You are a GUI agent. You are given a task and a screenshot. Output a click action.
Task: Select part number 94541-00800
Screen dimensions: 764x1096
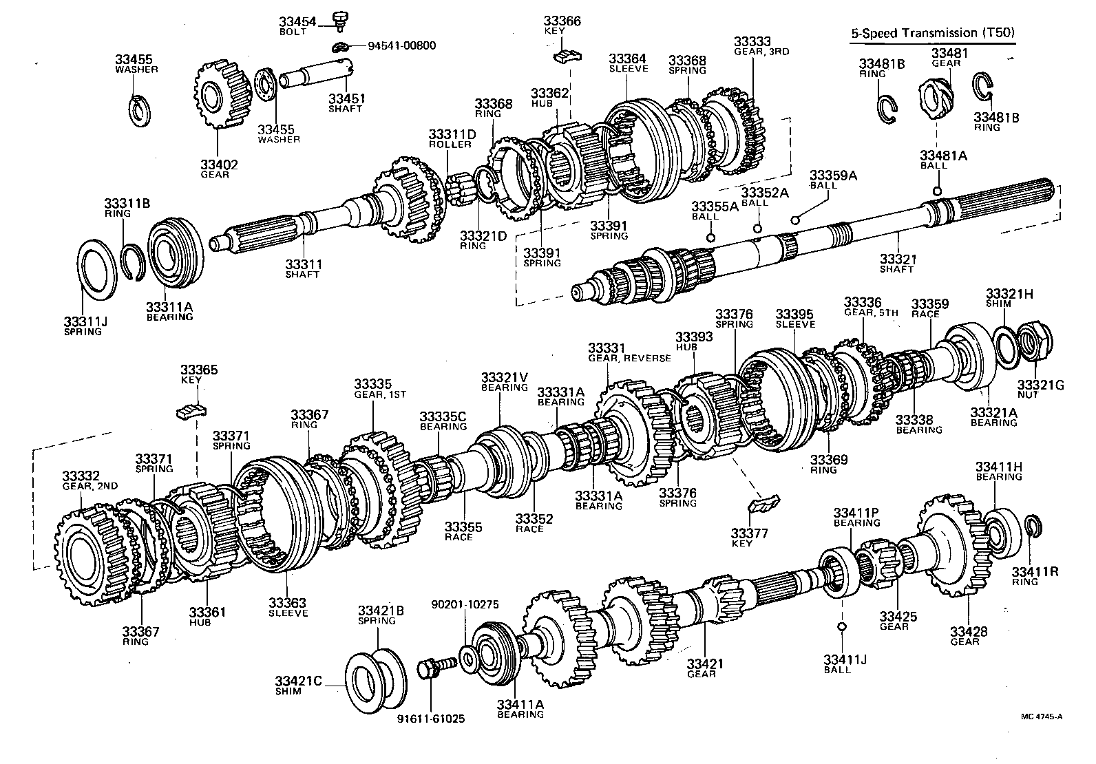tap(401, 46)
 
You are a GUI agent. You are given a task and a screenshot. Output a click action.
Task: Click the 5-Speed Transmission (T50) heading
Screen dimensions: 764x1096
tap(932, 32)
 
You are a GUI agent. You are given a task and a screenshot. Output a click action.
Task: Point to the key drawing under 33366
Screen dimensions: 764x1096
tap(568, 55)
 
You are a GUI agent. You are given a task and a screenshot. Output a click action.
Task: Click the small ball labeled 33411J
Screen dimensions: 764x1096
tap(841, 626)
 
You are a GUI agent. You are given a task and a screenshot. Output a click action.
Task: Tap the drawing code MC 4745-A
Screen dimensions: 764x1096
tap(1041, 717)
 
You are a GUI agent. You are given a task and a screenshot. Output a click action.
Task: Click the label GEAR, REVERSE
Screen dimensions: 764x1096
tap(629, 358)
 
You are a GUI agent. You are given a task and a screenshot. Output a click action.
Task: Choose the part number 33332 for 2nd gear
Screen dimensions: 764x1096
tap(81, 476)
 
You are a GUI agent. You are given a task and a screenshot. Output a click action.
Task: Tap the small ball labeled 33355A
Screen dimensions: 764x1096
tap(710, 237)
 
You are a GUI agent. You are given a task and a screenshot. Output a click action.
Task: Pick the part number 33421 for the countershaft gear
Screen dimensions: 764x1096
tap(705, 664)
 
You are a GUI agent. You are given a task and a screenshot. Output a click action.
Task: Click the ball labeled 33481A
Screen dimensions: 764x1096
tap(936, 191)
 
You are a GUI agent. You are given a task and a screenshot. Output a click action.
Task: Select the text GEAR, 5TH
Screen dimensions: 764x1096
tap(871, 312)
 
